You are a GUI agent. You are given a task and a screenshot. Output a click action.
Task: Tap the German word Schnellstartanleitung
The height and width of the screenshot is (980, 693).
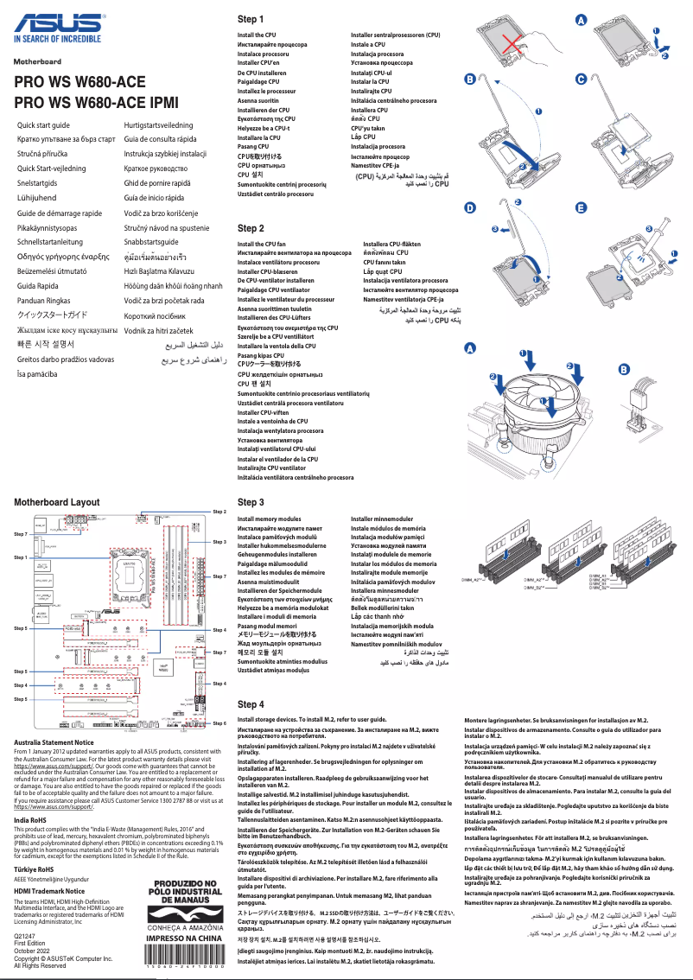54,242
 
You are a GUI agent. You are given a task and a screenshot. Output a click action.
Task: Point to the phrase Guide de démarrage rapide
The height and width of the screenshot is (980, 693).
60,213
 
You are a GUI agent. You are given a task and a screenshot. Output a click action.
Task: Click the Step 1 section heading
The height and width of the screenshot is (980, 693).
251,19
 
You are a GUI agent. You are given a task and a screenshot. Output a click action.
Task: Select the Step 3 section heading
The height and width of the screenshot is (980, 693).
251,502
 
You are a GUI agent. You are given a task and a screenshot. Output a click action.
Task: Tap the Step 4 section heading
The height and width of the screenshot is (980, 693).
251,705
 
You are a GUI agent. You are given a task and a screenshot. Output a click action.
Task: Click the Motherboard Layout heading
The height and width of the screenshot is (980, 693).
57,501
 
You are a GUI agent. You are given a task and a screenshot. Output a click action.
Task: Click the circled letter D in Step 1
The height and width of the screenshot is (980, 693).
469,208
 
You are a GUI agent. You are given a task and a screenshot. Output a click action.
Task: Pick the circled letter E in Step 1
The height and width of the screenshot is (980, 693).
581,208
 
